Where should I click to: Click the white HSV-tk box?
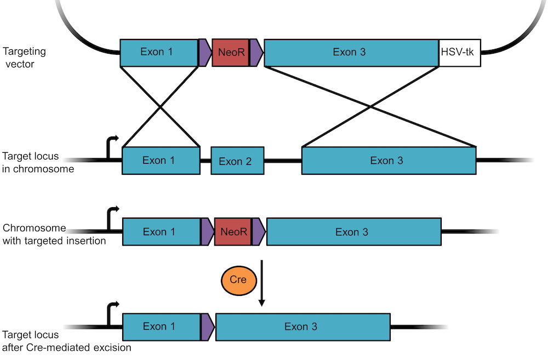pyautogui.click(x=460, y=53)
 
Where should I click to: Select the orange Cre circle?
pyautogui.click(x=238, y=280)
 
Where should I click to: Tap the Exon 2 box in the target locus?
pyautogui.click(x=237, y=161)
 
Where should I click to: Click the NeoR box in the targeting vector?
pyautogui.click(x=230, y=53)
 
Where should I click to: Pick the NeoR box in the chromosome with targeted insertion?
pyautogui.click(x=233, y=232)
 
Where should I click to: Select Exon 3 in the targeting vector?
pyautogui.click(x=351, y=53)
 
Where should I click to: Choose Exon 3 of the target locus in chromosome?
pyautogui.click(x=389, y=161)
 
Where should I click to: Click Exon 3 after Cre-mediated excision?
pyautogui.click(x=302, y=327)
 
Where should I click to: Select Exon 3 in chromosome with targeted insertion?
pyautogui.click(x=353, y=232)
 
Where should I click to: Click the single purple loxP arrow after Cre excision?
pyautogui.click(x=207, y=327)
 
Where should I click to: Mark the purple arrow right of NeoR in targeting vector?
pyautogui.click(x=256, y=53)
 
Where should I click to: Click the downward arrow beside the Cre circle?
pyautogui.click(x=262, y=283)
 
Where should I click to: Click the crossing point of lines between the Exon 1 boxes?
pyautogui.click(x=160, y=107)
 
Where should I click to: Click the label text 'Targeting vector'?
pyautogui.click(x=24, y=58)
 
